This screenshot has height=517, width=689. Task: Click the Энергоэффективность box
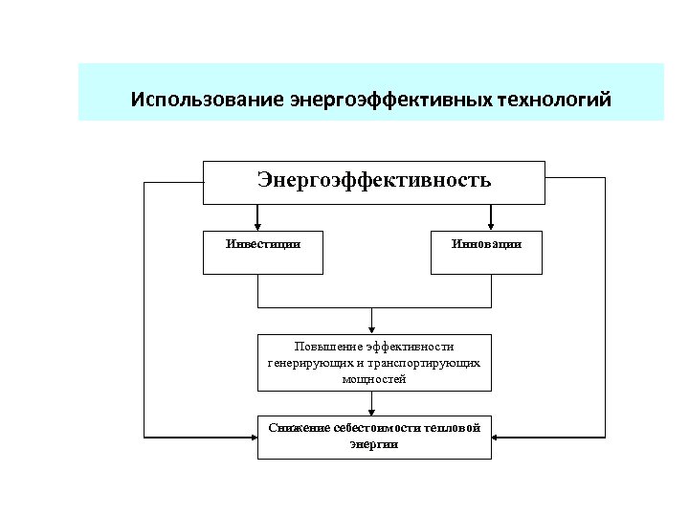(373, 182)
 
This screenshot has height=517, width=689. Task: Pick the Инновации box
(486, 252)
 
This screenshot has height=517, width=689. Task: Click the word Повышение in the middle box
(328, 347)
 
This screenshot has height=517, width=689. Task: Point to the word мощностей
(374, 379)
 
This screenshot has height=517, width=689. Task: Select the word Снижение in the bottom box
(299, 427)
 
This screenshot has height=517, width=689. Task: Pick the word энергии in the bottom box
(374, 444)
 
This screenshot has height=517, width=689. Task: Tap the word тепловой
(449, 427)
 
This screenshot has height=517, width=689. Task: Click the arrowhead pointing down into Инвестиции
(257, 226)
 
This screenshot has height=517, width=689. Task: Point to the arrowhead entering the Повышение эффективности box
(373, 329)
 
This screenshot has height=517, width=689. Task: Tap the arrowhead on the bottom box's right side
(497, 437)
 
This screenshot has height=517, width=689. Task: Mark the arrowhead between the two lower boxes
(373, 411)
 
